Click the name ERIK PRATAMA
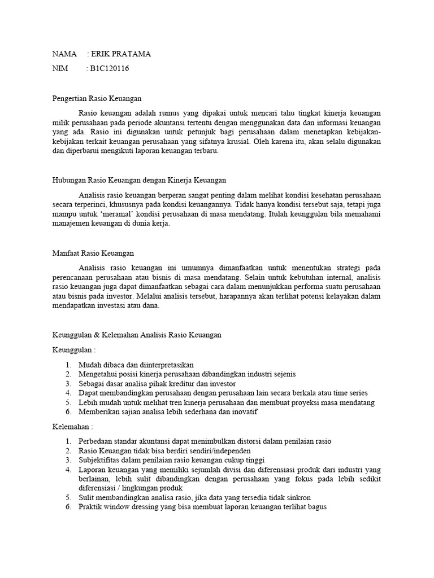121,54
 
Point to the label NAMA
64,54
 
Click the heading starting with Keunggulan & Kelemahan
137,335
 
